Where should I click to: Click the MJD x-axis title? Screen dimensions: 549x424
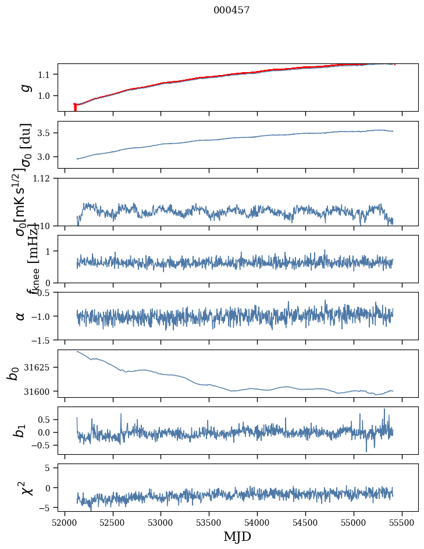237,537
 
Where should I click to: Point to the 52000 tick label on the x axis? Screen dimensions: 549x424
65,522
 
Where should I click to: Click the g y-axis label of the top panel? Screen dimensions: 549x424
24,87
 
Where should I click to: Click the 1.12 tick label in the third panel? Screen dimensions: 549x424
41,179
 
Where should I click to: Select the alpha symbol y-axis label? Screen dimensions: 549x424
21,316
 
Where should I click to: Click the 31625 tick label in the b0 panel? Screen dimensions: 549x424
38,368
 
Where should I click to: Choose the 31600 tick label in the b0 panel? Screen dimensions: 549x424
38,391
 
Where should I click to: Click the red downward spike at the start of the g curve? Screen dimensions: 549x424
75,108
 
